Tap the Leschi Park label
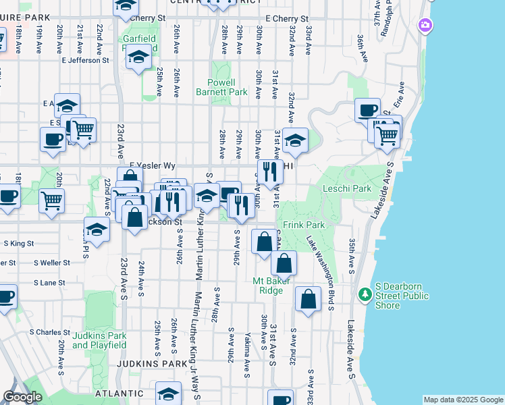click(x=347, y=189)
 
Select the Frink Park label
click(x=304, y=225)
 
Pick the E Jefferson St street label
click(x=85, y=60)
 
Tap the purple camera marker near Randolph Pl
click(x=425, y=26)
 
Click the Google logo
click(x=22, y=398)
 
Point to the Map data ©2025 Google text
click(x=462, y=400)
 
